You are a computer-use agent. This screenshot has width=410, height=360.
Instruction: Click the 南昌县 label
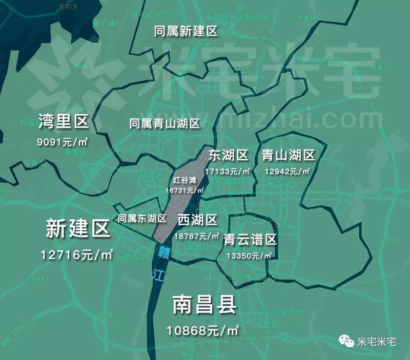[204, 305]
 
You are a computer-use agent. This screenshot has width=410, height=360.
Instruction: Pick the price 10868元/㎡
[204, 328]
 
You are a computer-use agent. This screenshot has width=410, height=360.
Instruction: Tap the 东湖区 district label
[228, 155]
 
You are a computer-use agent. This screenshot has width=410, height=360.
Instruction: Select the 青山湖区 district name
[288, 155]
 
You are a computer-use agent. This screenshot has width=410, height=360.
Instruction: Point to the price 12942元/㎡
[286, 170]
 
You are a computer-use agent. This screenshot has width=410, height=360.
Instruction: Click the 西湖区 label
[197, 221]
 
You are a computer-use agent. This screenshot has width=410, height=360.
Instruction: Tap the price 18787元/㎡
[197, 236]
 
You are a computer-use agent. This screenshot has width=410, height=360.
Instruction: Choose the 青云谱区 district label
[250, 240]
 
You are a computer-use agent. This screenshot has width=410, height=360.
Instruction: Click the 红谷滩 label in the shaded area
[185, 181]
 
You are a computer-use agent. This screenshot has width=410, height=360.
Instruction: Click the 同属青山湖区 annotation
[163, 123]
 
